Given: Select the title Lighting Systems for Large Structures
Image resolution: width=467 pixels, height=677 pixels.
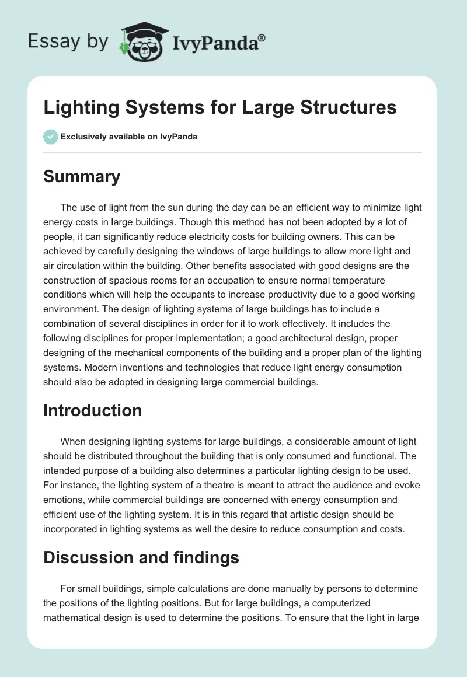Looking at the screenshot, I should [x=220, y=107].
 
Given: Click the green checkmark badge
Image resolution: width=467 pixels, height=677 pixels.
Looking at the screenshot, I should [x=50, y=137].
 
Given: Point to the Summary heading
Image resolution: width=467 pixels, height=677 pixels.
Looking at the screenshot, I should [x=82, y=176].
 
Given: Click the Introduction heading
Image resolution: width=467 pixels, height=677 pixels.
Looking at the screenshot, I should [x=92, y=410].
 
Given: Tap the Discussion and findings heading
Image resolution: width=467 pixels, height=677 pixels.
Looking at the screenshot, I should [x=141, y=557].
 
